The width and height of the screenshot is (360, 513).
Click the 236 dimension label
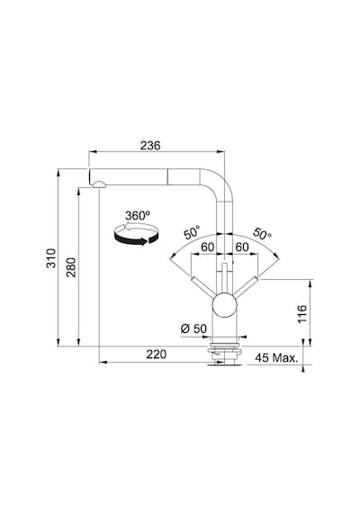coord(150,145)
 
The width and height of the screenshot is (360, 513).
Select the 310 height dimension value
coord(51,258)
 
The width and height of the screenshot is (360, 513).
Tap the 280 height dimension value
coord(71,267)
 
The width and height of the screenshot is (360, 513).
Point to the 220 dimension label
coord(156,354)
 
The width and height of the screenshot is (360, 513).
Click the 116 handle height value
coord(302,314)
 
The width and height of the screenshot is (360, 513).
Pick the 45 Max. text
coord(277,357)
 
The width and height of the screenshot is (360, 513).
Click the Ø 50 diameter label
coord(193,328)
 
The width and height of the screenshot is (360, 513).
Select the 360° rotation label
coord(138,216)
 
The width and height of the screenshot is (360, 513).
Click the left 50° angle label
coord(192,232)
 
